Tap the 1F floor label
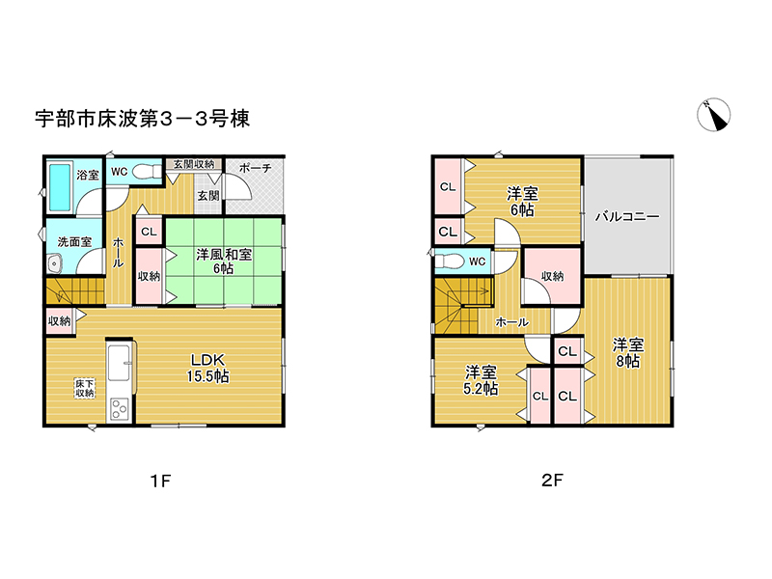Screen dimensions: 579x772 point(160,480)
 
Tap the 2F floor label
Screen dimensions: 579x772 point(551,480)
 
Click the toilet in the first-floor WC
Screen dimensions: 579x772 point(146,173)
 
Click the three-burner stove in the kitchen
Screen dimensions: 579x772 point(120,408)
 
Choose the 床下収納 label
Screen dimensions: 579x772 point(85,389)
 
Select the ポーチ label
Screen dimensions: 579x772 point(256,167)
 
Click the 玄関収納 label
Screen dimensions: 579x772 point(194,164)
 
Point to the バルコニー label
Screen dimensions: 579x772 point(627,217)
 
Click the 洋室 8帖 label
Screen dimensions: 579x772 point(627,352)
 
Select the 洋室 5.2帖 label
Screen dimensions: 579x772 point(481,380)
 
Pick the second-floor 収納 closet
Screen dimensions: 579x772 point(552,277)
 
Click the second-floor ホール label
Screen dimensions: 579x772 point(511,321)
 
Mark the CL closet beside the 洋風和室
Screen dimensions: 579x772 point(149,232)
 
